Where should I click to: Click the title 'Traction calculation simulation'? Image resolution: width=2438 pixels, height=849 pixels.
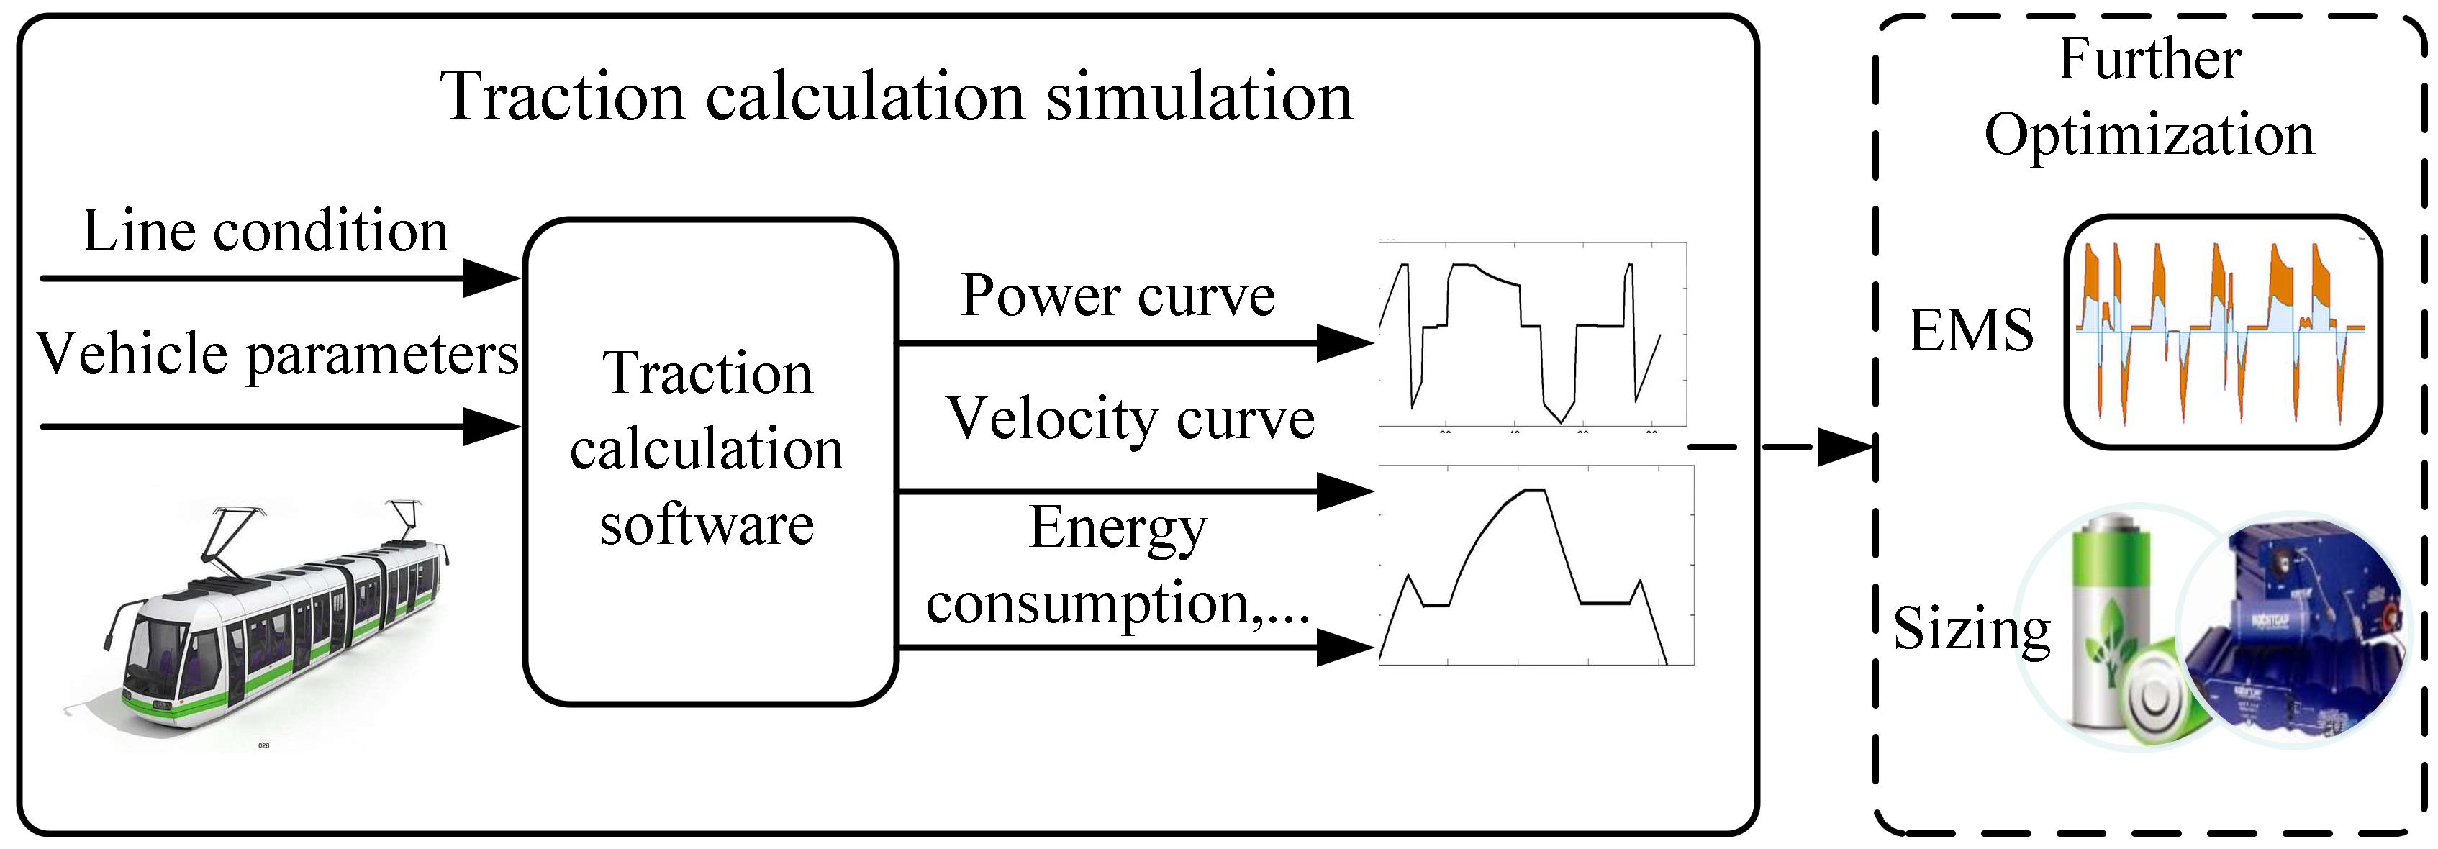[x=897, y=96]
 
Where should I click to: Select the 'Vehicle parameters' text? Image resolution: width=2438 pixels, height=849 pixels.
[x=276, y=355]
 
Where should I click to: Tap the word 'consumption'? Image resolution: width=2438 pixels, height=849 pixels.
[x=1088, y=602]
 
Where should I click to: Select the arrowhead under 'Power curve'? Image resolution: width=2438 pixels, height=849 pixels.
[x=1344, y=342]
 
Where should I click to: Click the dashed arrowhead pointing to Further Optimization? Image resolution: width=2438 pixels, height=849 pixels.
[x=1846, y=447]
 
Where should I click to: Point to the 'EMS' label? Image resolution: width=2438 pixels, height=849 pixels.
[x=1970, y=330]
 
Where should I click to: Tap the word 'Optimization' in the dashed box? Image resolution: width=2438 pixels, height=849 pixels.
[x=2149, y=135]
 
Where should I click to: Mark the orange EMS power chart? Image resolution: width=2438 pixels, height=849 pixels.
[x=2222, y=331]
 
